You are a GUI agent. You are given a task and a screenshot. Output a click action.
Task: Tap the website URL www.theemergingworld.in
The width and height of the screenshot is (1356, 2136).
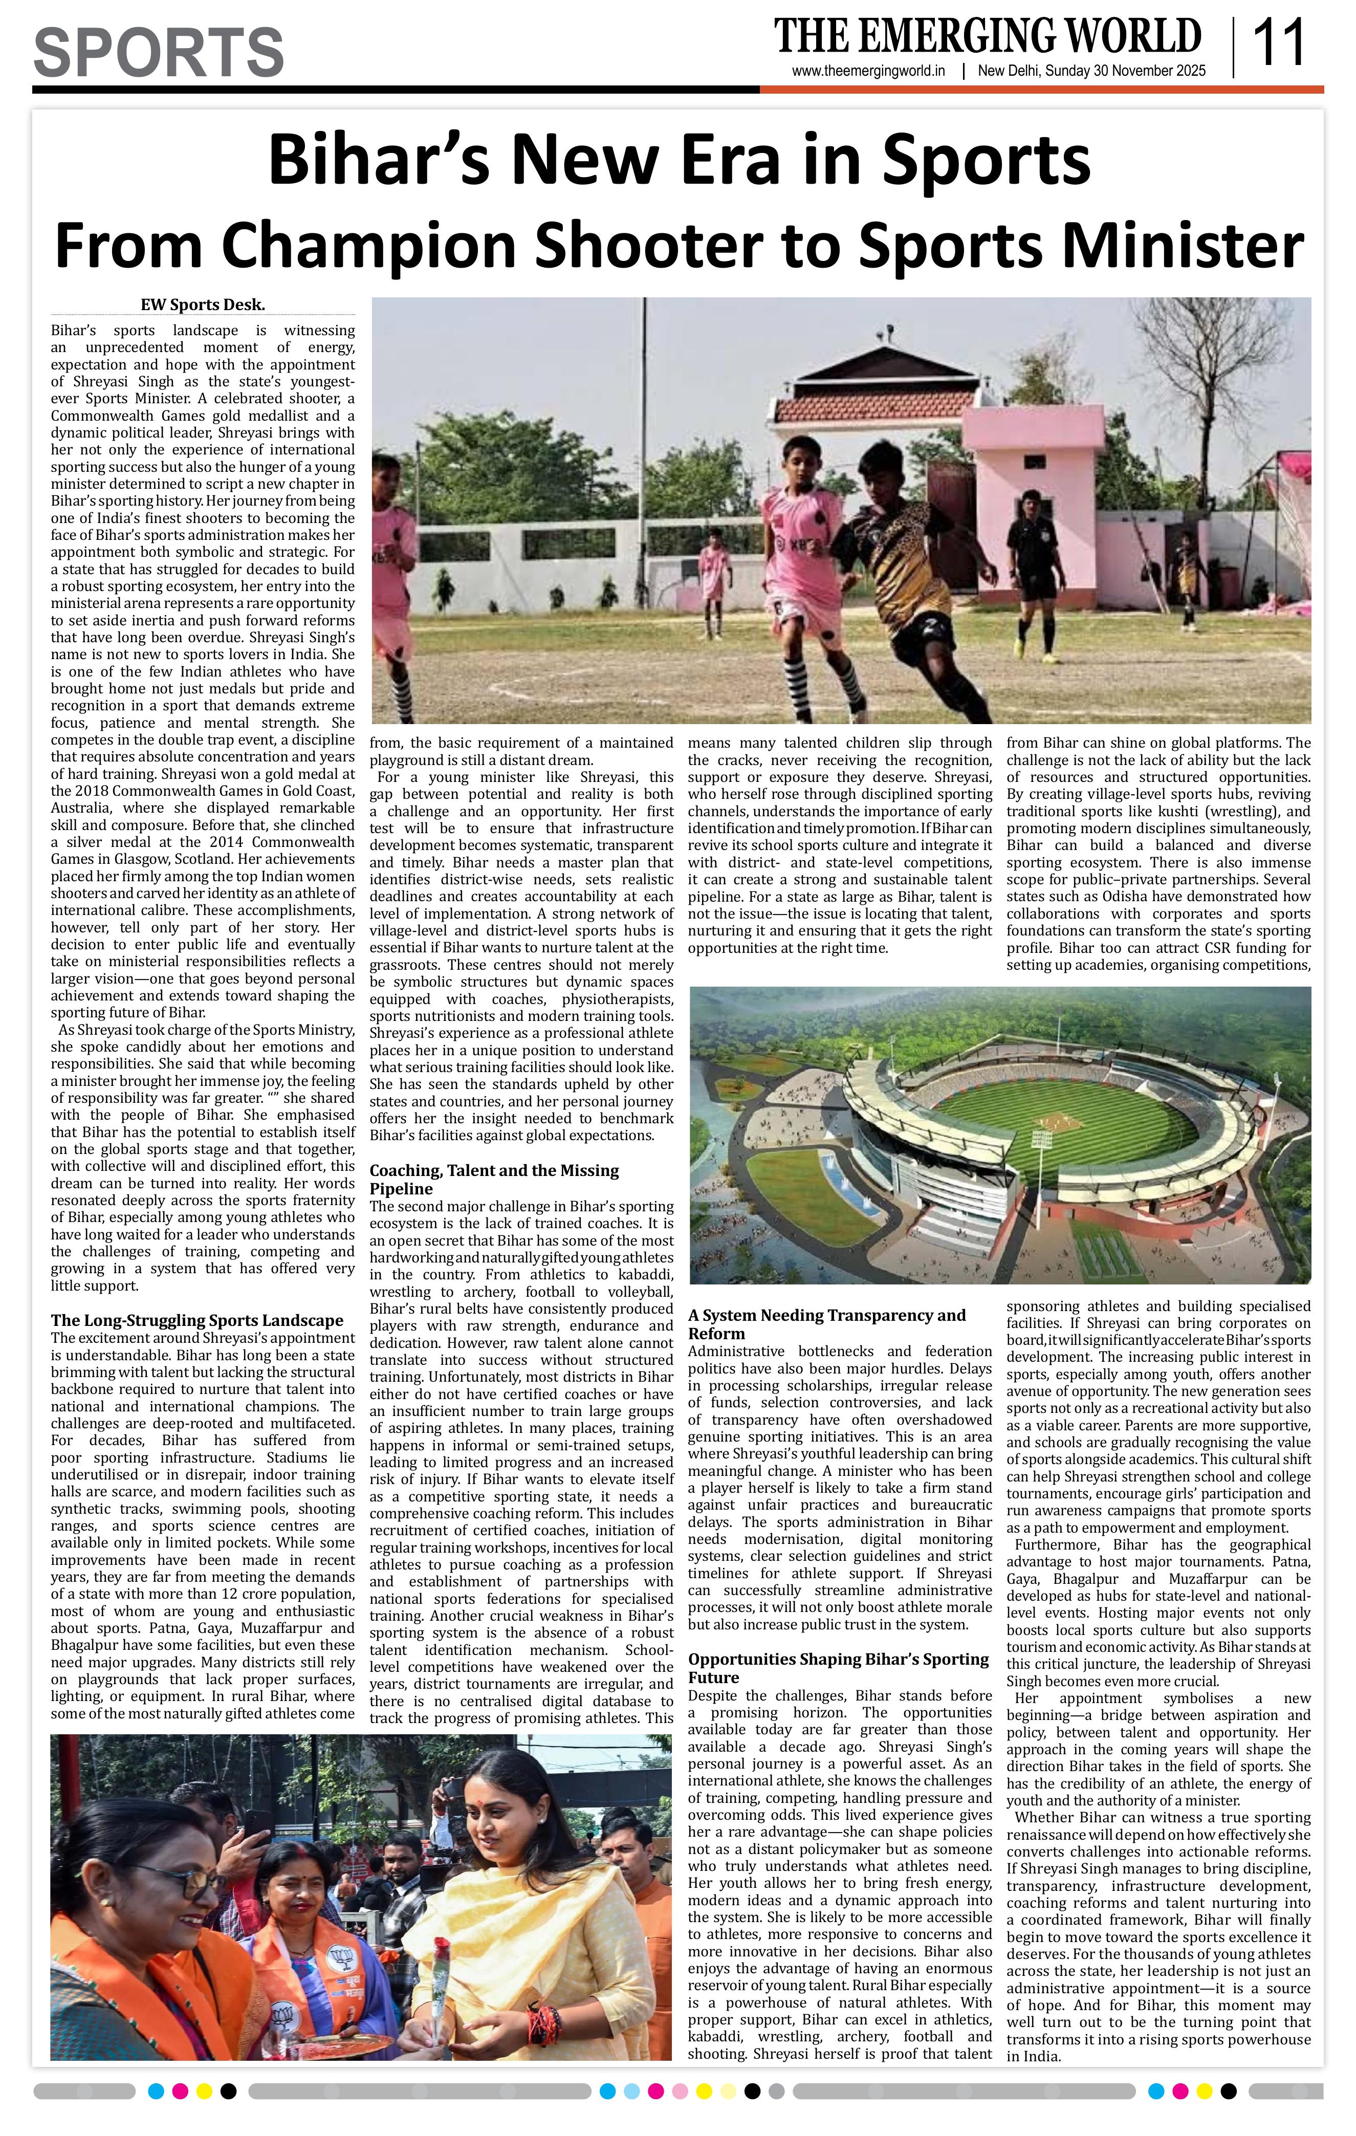(x=868, y=72)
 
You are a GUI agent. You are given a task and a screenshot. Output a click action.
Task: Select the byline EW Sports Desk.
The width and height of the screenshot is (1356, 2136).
(x=203, y=305)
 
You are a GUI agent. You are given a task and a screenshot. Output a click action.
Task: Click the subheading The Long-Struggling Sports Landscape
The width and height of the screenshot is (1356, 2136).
(x=197, y=1320)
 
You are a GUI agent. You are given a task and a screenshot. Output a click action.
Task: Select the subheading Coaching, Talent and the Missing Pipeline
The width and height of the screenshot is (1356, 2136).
(x=494, y=1180)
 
